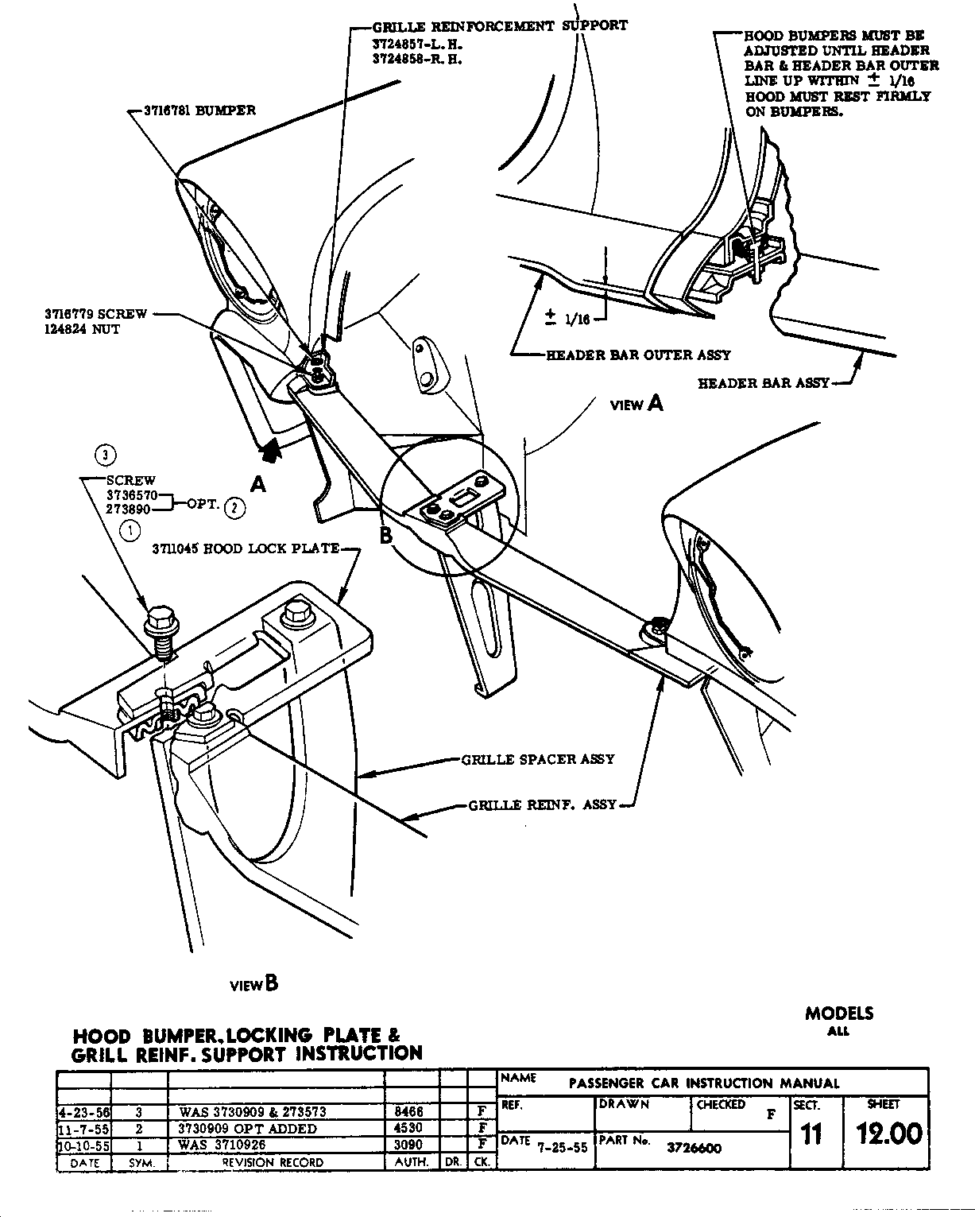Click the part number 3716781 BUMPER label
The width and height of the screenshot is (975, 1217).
tap(199, 110)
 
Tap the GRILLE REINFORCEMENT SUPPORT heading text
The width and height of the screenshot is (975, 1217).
tap(500, 26)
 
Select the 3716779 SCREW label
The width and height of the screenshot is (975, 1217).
tap(95, 314)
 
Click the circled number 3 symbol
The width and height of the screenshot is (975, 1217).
tap(105, 455)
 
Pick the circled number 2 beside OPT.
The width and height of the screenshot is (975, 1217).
tap(235, 506)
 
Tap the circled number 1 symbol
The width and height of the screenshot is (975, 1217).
tap(130, 530)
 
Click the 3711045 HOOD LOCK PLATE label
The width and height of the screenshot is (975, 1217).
tap(246, 548)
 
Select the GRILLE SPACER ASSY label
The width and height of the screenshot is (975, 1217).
tap(538, 759)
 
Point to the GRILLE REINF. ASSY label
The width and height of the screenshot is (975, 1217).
tap(543, 804)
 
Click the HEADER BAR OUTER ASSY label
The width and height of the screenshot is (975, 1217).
tap(638, 355)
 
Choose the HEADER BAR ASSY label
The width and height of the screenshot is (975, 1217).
tap(763, 383)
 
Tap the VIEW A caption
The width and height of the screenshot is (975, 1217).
tap(636, 404)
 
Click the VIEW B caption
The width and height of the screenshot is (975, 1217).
tap(253, 984)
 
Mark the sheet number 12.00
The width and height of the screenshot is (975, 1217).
tap(889, 1133)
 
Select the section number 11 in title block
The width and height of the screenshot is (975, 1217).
tap(811, 1134)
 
